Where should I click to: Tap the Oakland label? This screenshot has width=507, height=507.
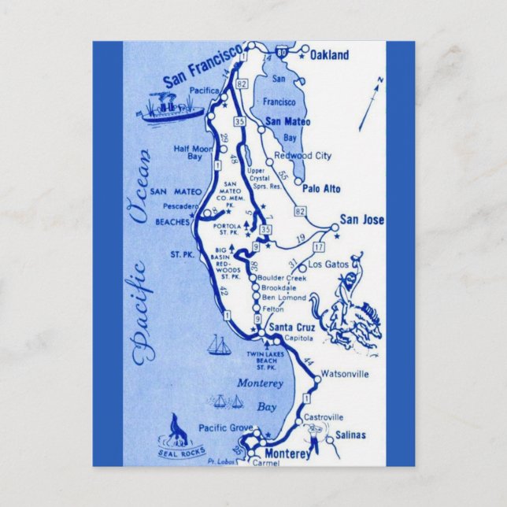coord(329,56)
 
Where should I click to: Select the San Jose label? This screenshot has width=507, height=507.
coord(362,220)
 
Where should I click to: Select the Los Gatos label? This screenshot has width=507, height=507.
coord(328,265)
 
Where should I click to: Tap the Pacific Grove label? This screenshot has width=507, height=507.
coord(224,427)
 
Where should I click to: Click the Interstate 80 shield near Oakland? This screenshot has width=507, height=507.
coord(283,50)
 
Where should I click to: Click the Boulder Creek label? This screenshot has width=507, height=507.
coord(288,279)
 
